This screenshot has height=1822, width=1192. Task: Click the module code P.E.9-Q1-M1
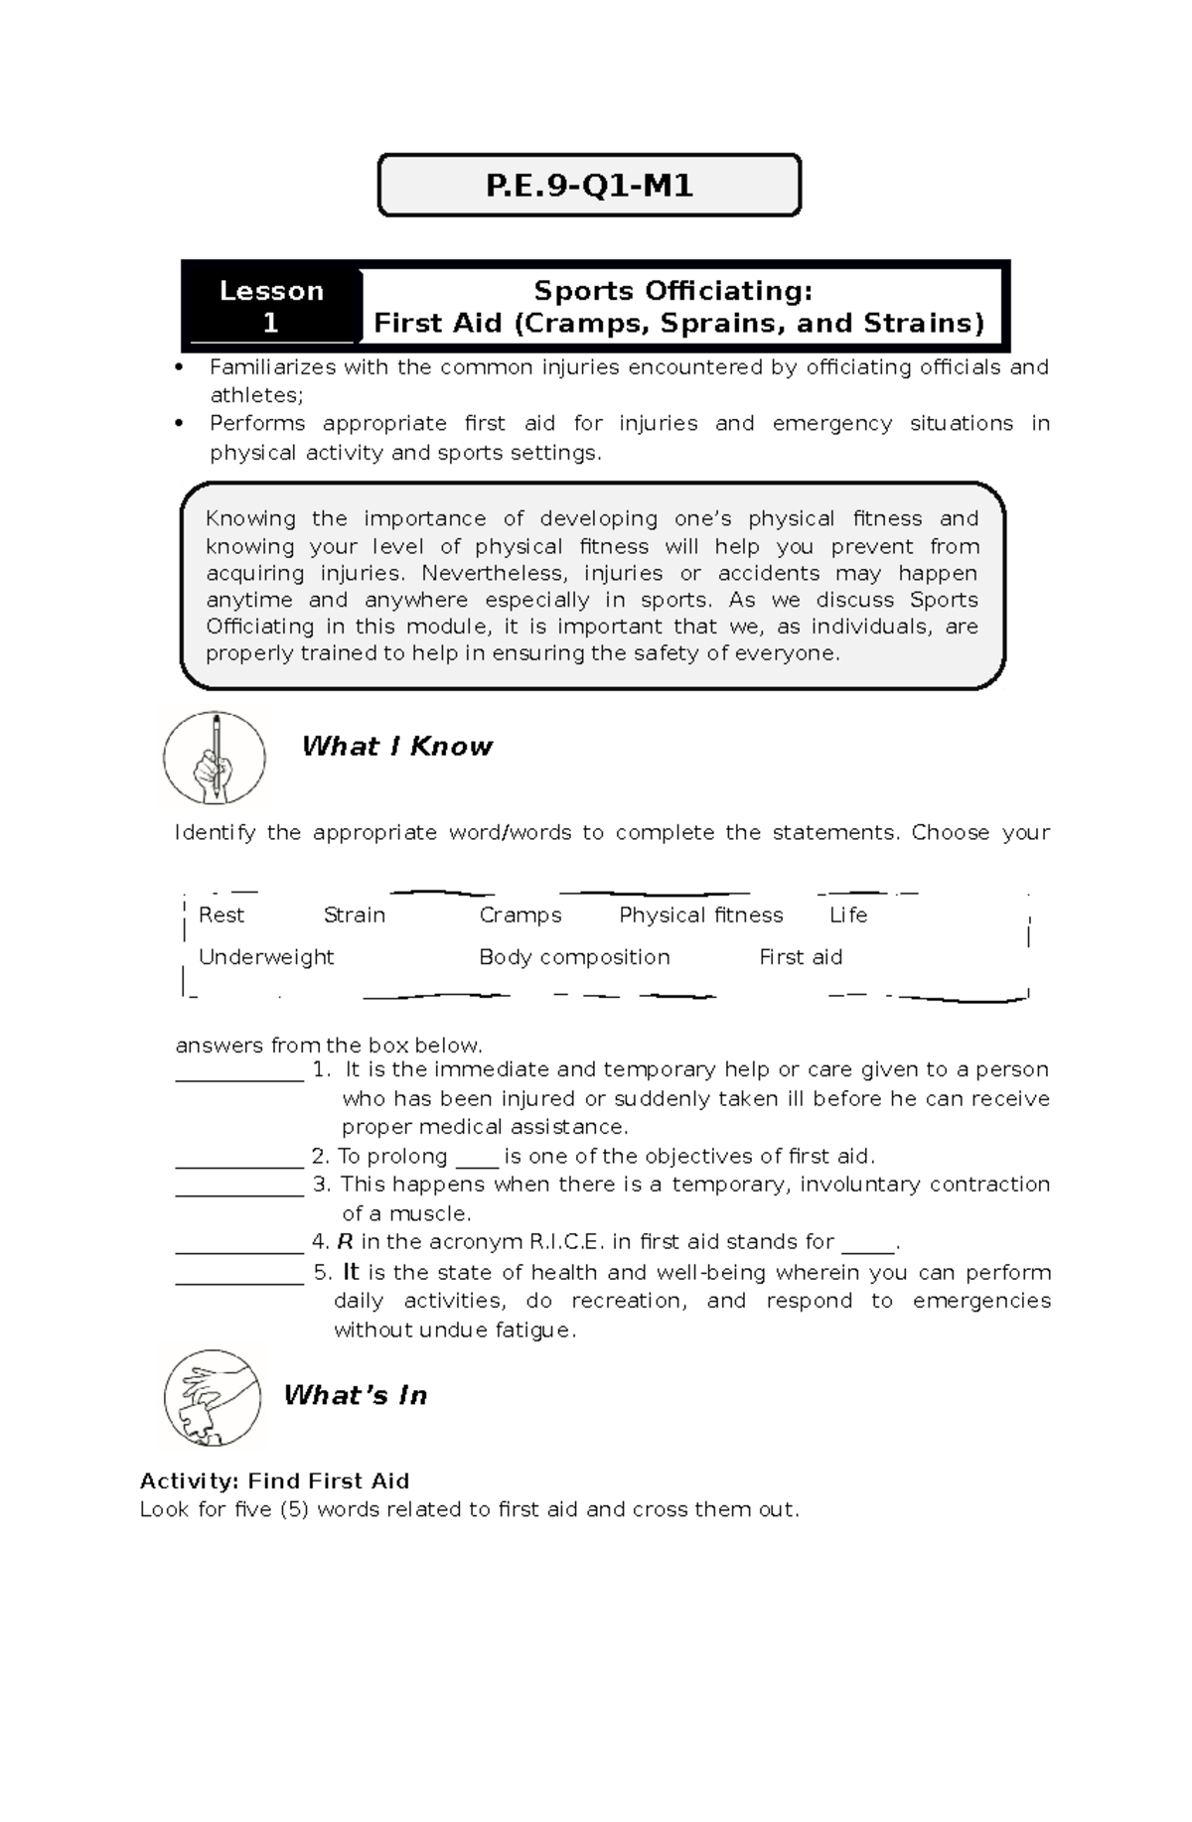click(589, 186)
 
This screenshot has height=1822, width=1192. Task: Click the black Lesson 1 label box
click(271, 306)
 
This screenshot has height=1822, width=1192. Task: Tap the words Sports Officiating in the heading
click(672, 291)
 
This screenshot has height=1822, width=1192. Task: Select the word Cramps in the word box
click(521, 915)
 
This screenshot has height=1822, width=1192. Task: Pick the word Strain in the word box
click(354, 915)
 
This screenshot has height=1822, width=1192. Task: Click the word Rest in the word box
click(221, 915)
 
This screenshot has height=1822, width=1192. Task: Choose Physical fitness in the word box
click(700, 915)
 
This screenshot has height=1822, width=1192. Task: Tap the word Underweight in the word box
click(266, 957)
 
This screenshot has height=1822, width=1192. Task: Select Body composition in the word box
click(574, 957)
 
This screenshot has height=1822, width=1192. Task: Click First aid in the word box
click(801, 957)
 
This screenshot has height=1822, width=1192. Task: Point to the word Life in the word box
click(848, 915)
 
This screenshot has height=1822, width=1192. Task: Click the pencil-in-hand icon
click(215, 759)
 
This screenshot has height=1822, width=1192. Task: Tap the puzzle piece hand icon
click(212, 1397)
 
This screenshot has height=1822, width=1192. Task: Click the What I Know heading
click(396, 747)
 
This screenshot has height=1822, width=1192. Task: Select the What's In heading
click(355, 1395)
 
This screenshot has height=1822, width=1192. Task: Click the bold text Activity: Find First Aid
click(274, 1481)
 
